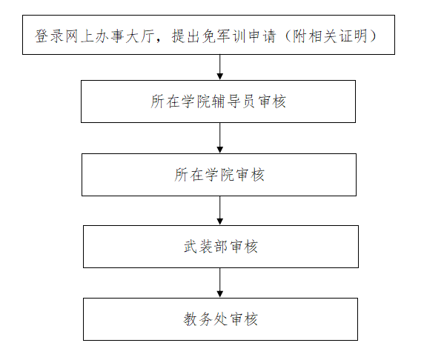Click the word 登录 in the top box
[x=49, y=36]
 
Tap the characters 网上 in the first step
[x=79, y=36]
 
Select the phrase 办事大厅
[x=125, y=36]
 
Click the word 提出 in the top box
[x=185, y=36]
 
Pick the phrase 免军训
[x=223, y=36]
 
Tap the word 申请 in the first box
[x=262, y=36]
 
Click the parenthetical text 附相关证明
[x=331, y=36]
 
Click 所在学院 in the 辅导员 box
[x=180, y=101]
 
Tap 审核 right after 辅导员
[x=272, y=101]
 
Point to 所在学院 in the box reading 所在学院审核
[x=204, y=175]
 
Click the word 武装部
[x=206, y=247]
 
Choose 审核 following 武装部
[x=244, y=247]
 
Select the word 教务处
[x=205, y=319]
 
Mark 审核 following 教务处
[x=244, y=319]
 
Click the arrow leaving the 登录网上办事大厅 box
[x=220, y=67]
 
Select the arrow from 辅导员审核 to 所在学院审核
[x=220, y=138]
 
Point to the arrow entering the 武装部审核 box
[x=220, y=210]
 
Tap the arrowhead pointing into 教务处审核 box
[x=220, y=294]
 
